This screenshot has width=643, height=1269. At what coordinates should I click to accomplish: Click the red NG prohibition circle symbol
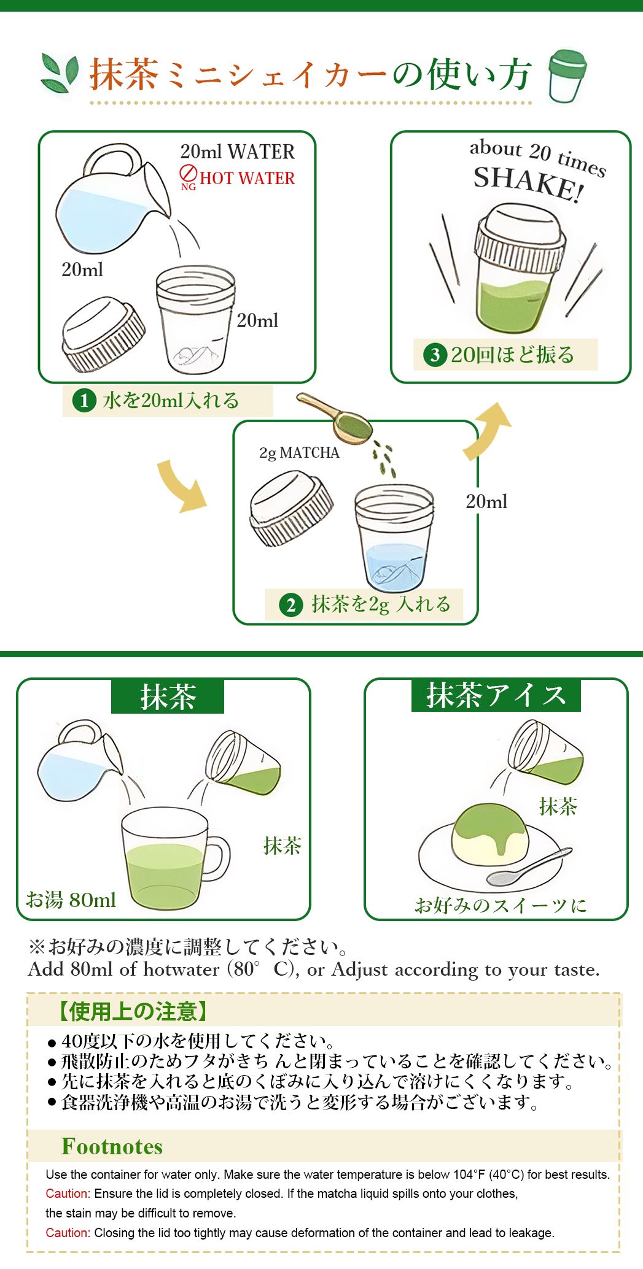tap(188, 172)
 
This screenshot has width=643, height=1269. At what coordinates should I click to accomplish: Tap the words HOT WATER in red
tap(247, 178)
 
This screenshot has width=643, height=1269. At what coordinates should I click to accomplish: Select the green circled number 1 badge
tap(84, 401)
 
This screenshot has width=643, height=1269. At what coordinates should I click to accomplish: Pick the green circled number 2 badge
tap(291, 605)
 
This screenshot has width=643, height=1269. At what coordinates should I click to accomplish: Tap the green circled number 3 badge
tap(435, 355)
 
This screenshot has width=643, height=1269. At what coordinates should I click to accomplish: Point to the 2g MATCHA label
tap(299, 453)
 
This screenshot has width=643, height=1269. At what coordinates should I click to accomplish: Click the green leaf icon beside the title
tap(60, 72)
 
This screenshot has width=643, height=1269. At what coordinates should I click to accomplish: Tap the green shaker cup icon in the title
tap(566, 75)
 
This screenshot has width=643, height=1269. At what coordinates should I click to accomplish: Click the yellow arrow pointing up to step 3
tap(487, 430)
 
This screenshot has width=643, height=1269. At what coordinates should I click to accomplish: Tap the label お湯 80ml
tap(71, 900)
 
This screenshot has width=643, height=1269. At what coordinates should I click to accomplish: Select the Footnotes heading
tap(112, 1146)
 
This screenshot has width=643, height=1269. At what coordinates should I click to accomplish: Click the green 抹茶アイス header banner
tap(496, 695)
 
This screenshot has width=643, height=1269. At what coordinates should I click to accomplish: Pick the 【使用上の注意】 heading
tap(133, 1011)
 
